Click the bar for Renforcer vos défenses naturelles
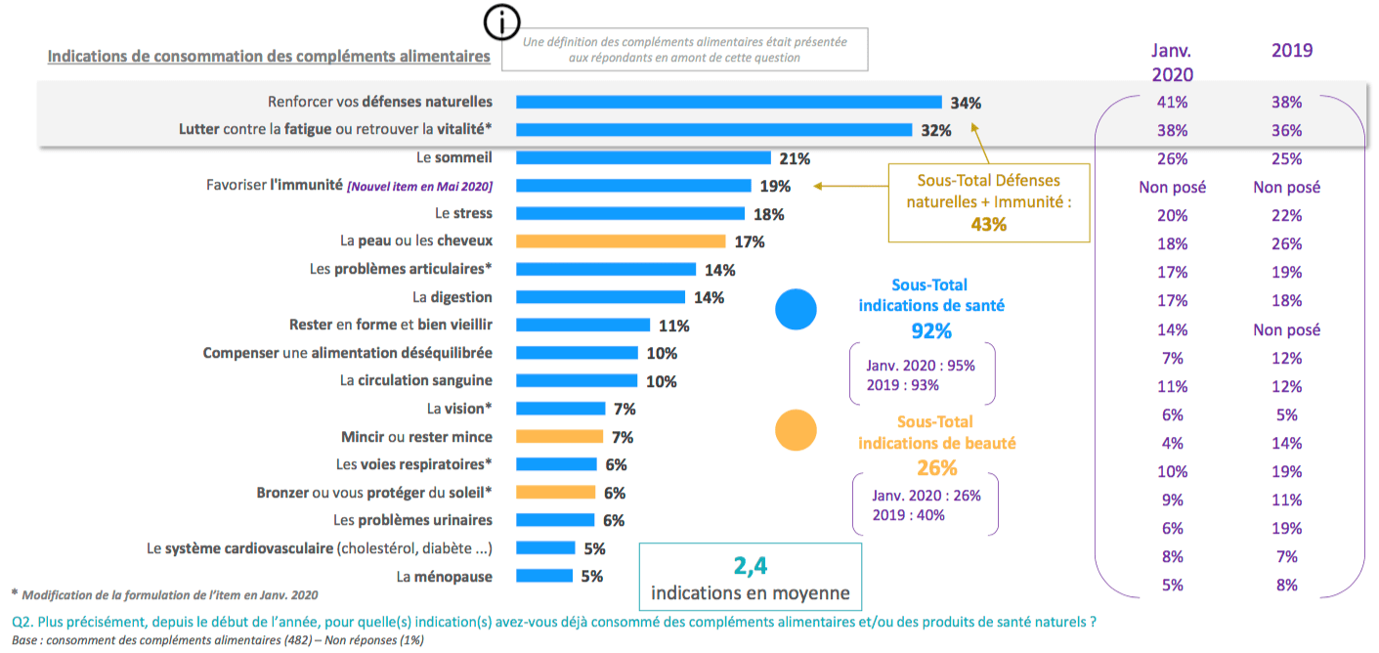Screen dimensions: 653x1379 728,102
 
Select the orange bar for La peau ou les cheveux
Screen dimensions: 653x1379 620,240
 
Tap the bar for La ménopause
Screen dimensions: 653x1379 543,576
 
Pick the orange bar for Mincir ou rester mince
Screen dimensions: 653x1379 559,437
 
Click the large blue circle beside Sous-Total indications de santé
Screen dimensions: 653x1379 796,308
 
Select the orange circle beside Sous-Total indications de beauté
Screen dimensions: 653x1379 796,428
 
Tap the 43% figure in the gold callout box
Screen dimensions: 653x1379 988,224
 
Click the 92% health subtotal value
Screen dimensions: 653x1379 930,330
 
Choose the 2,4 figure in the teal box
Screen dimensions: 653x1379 751,565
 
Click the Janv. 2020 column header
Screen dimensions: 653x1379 1172,62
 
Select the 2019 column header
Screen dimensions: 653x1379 1291,51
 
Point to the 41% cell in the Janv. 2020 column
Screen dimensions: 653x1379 1172,102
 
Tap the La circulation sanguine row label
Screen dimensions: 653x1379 416,380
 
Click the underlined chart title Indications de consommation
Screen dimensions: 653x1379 269,57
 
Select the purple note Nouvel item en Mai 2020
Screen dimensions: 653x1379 420,186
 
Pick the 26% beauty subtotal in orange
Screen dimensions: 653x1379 936,467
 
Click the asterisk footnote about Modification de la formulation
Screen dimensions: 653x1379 163,594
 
